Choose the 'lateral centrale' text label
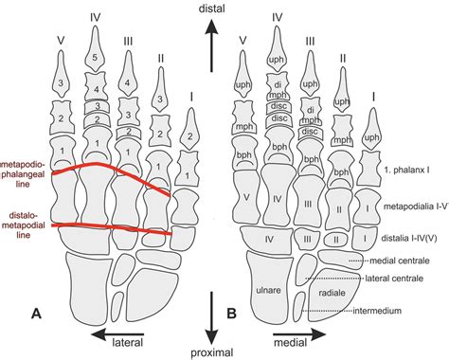click(x=397, y=279)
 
